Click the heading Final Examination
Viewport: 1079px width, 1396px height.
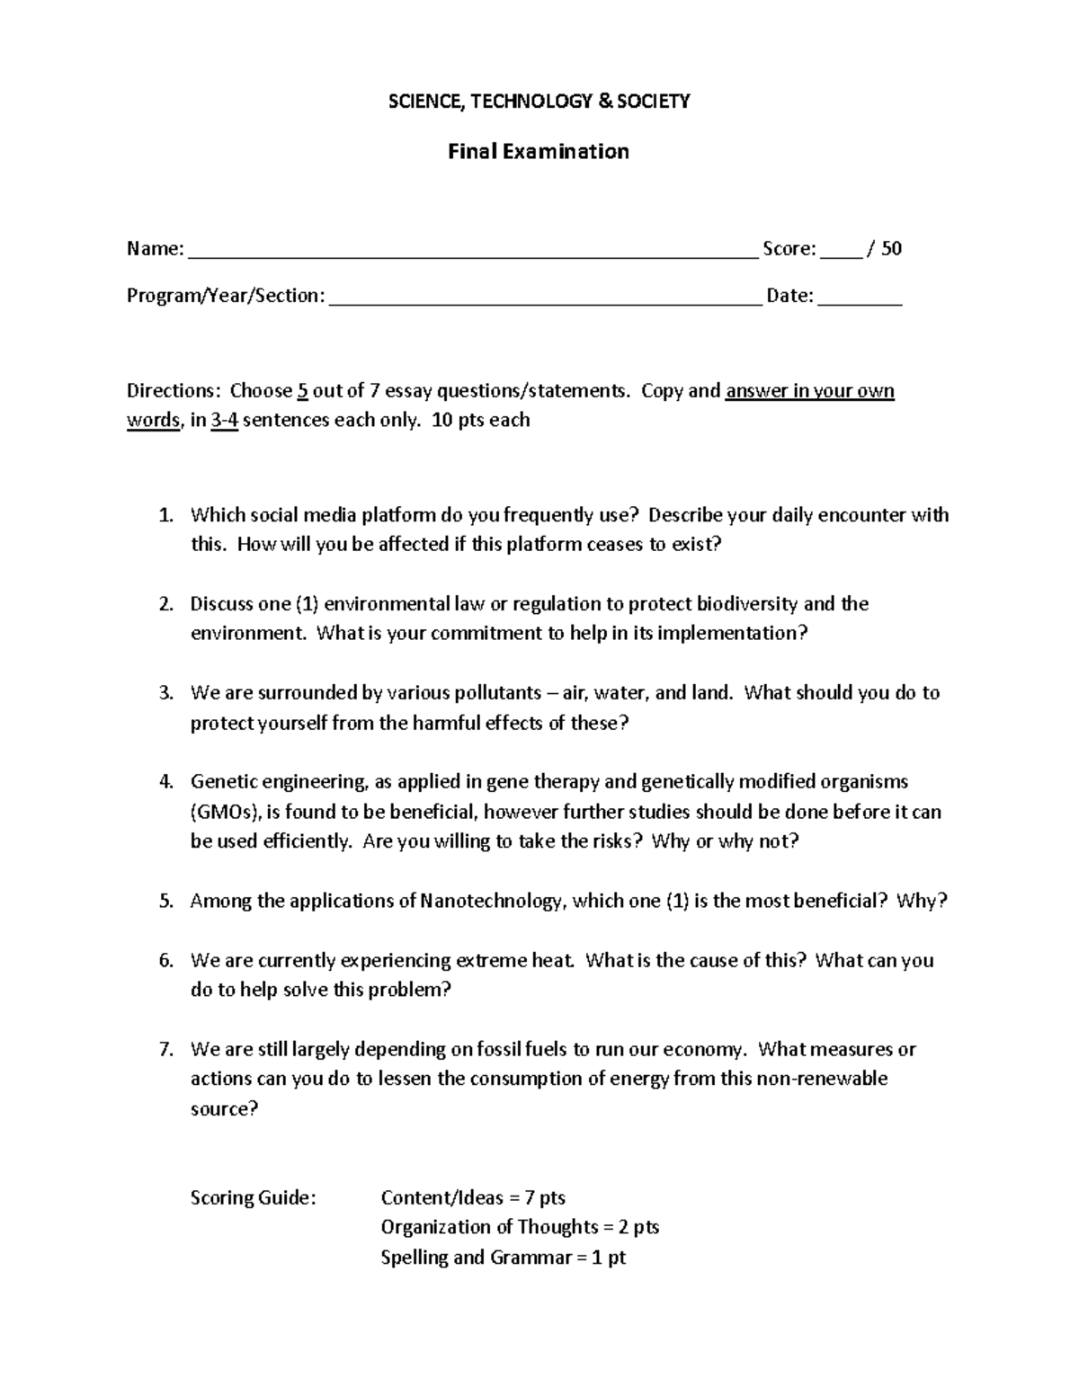(539, 151)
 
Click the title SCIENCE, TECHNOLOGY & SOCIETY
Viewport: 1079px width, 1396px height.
(539, 101)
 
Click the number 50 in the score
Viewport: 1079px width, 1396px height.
(891, 249)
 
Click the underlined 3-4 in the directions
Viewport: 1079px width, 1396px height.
(224, 421)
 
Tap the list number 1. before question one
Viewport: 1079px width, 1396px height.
(165, 516)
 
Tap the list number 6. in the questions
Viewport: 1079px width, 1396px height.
(165, 960)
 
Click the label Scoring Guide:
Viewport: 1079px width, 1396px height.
(254, 1197)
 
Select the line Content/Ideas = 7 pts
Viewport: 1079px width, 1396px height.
(473, 1197)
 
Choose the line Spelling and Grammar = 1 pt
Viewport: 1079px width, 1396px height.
(503, 1258)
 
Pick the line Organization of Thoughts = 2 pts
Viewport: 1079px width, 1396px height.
(520, 1227)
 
